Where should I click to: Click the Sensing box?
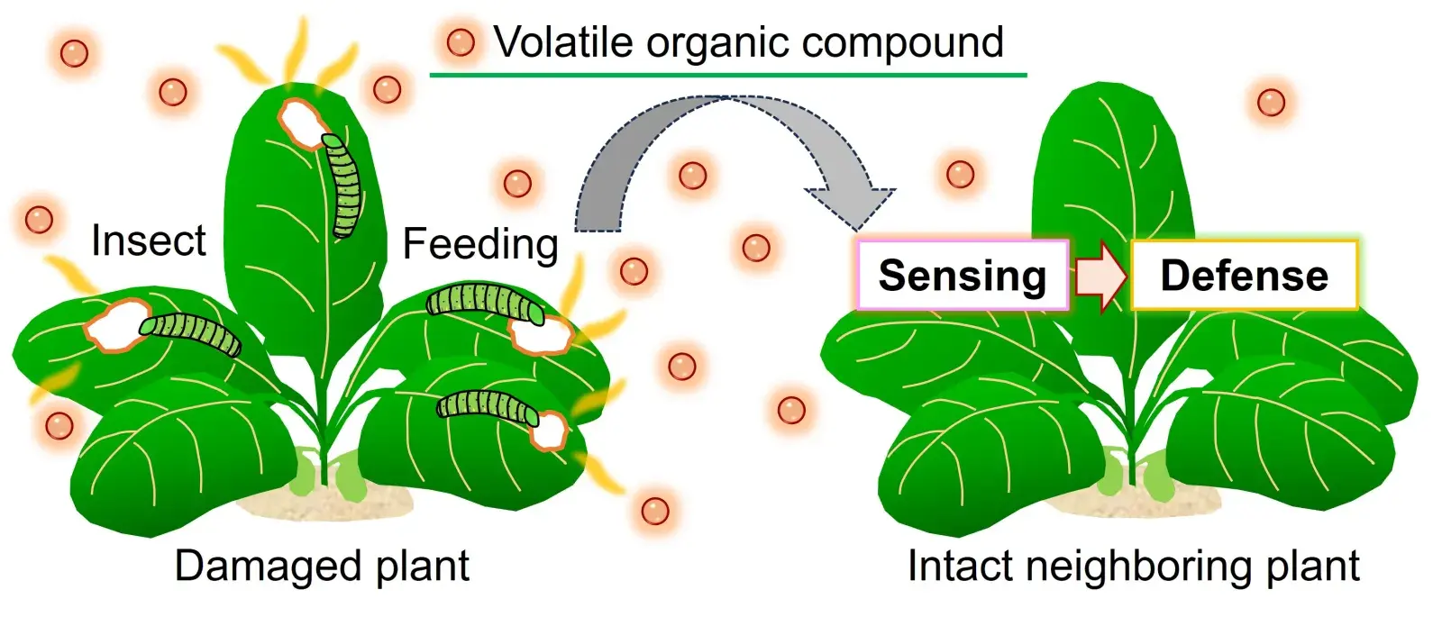click(x=962, y=276)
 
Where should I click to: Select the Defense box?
click(x=1244, y=276)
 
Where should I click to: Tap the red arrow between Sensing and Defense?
click(x=1100, y=277)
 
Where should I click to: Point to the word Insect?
click(x=149, y=241)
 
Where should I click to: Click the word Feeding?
click(x=480, y=244)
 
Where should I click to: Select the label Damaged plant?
click(x=322, y=567)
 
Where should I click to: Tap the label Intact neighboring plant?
click(x=1133, y=567)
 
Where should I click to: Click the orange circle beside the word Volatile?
click(x=461, y=42)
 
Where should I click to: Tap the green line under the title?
click(x=728, y=75)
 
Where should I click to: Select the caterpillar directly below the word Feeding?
click(x=485, y=302)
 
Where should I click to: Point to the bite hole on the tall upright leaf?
click(x=301, y=123)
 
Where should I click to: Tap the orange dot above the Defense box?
click(x=1271, y=102)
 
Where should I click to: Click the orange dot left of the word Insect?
click(x=39, y=219)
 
